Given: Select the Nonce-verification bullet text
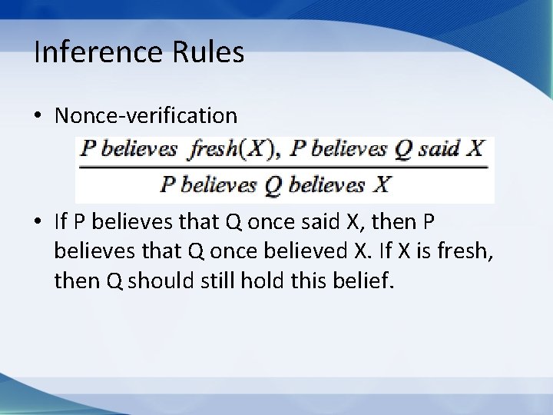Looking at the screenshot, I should tap(146, 115).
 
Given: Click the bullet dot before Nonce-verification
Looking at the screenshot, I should tap(38, 116).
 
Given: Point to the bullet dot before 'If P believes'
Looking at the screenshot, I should tap(38, 224).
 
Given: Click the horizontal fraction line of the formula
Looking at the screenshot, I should tap(284, 168).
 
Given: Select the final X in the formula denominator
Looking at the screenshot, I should tap(382, 185).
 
